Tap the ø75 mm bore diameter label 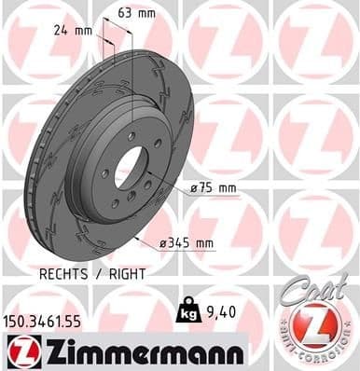pos(214,189)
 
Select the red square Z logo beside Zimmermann pos(19,351)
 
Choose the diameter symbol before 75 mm pos(193,189)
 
